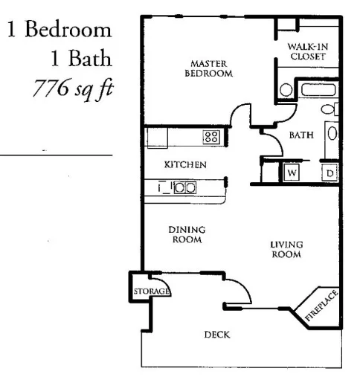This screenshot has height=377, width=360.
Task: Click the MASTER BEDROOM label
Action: coord(211,68)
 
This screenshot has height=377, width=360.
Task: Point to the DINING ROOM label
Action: coord(187,235)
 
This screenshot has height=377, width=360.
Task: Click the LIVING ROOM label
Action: coord(286,249)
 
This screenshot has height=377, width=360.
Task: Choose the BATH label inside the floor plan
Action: coord(301,135)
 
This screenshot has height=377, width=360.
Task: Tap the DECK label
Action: coord(216,335)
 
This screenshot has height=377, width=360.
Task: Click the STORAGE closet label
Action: coord(151,291)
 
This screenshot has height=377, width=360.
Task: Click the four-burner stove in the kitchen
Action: coord(210,136)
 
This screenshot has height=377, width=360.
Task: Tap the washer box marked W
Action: coord(292,173)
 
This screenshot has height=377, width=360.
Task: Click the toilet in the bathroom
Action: coord(286,91)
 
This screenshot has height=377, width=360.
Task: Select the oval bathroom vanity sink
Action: coord(332,134)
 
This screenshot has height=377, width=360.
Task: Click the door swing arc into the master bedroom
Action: coord(242,115)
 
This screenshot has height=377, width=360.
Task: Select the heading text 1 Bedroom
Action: coord(60,31)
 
